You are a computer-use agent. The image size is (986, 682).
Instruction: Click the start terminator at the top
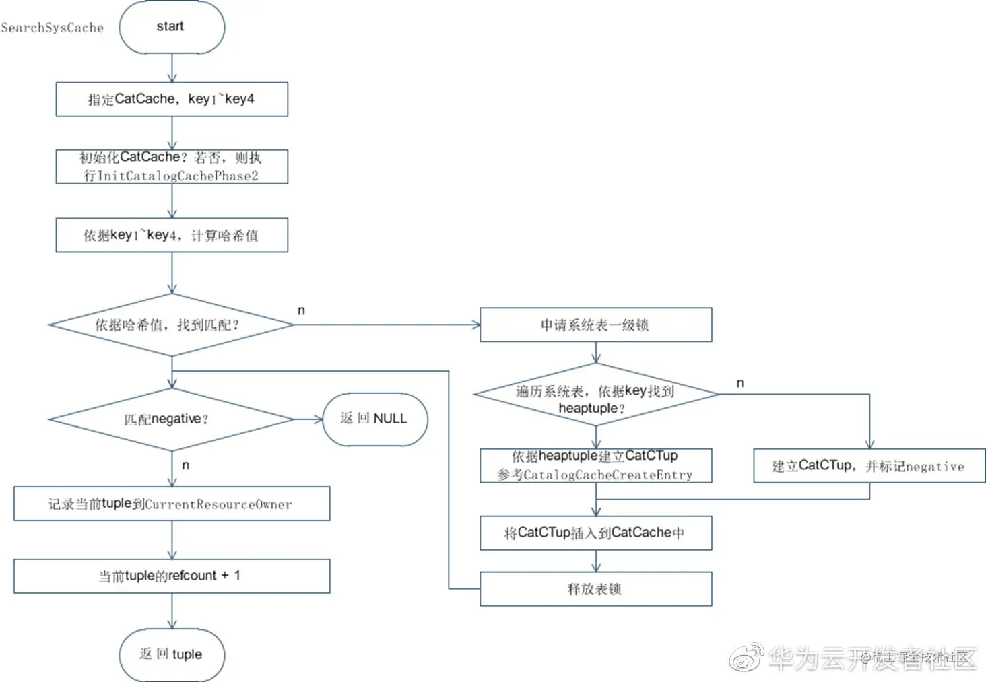click(x=172, y=27)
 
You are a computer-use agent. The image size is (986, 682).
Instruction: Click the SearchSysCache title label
click(x=53, y=28)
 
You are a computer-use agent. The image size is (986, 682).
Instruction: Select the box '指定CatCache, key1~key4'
click(x=172, y=100)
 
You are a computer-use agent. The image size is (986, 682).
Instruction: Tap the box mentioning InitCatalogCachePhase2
click(x=172, y=166)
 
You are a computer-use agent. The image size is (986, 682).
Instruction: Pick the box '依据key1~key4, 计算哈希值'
click(x=172, y=235)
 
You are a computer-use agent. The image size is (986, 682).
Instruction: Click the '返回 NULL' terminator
click(x=374, y=419)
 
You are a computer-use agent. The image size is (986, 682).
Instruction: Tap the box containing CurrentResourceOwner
click(x=172, y=504)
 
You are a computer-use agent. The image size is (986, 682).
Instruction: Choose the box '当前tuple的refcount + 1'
click(x=172, y=576)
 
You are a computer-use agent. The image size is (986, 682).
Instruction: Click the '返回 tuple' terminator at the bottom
click(x=172, y=654)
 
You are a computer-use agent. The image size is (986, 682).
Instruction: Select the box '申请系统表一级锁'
click(x=595, y=325)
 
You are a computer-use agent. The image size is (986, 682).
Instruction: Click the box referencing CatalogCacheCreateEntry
click(x=595, y=465)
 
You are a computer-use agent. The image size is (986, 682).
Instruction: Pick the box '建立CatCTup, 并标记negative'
click(x=869, y=466)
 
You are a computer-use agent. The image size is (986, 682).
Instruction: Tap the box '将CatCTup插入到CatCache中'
click(x=595, y=533)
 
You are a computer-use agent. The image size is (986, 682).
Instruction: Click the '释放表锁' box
click(x=595, y=589)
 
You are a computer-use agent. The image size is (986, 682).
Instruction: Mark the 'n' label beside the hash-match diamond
click(x=301, y=310)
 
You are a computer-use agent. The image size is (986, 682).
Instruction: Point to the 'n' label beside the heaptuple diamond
click(x=740, y=383)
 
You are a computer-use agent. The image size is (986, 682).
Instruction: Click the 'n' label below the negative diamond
click(x=185, y=465)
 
